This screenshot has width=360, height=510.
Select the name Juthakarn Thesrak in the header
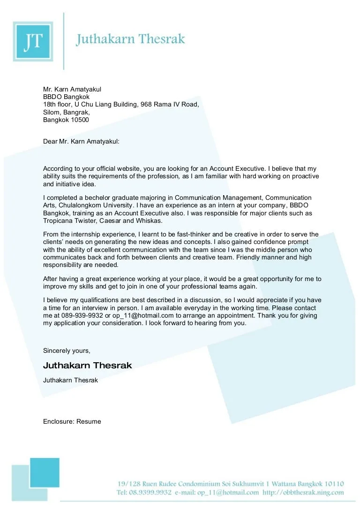(131, 39)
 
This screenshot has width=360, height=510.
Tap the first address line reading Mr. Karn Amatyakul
(72, 90)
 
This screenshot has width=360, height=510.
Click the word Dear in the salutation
(50, 141)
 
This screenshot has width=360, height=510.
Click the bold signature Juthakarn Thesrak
(88, 365)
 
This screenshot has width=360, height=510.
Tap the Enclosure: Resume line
(72, 421)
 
